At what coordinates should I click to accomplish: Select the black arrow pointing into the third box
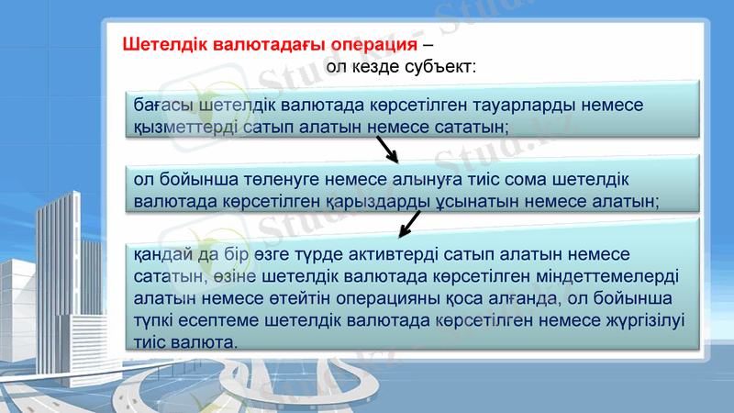tap(410, 223)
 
